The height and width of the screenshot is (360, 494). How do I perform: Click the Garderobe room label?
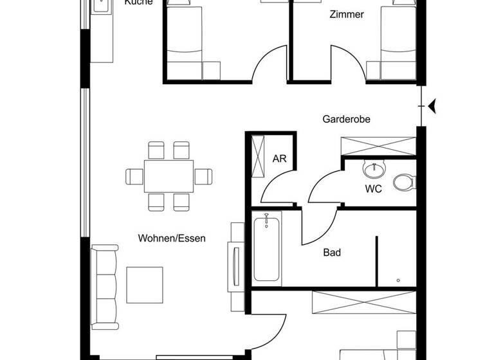346,119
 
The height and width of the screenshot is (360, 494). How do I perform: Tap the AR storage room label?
279,159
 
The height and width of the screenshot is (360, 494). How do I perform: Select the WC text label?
373,189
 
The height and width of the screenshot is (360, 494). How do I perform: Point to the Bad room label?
332,253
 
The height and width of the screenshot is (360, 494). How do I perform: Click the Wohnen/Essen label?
172,239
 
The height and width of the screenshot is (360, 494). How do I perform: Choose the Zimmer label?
347,14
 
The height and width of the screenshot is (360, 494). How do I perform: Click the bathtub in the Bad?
266,248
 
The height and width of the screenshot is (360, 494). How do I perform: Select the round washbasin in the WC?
373,169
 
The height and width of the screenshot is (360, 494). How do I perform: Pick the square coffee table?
145,284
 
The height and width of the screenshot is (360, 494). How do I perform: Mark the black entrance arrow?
432,105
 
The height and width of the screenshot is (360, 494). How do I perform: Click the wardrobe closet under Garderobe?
378,146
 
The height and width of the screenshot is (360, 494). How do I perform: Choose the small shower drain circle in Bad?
399,280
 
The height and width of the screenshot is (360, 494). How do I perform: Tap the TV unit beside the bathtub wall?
235,263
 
